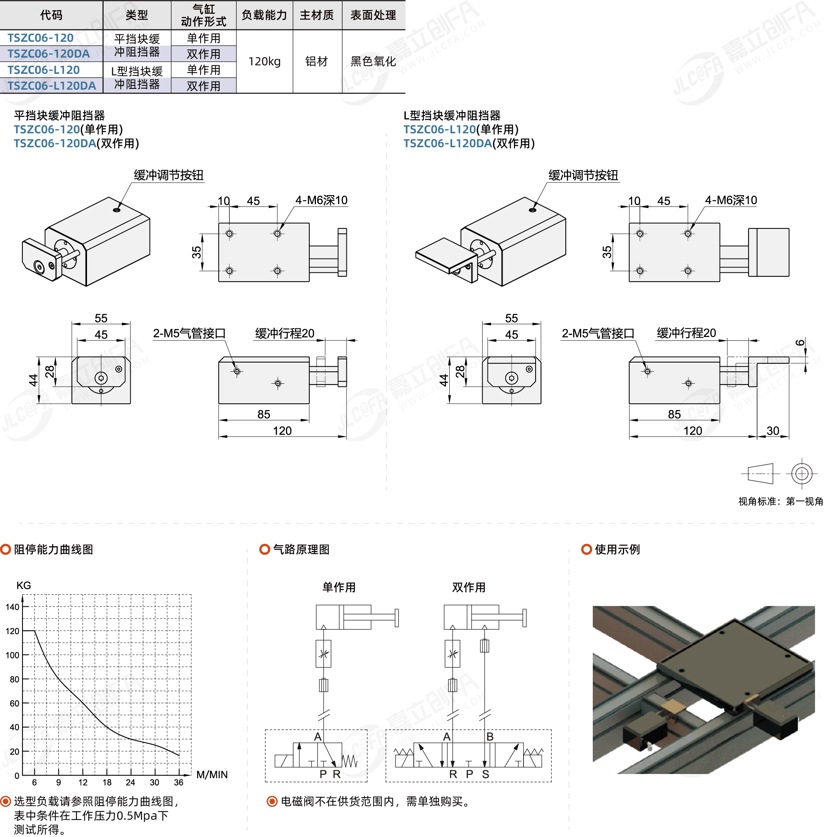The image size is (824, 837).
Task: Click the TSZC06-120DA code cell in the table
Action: pyautogui.click(x=48, y=54)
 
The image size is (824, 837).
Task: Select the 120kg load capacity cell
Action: pyautogui.click(x=264, y=61)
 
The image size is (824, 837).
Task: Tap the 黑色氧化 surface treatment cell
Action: pyautogui.click(x=373, y=61)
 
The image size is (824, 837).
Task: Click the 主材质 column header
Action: pyautogui.click(x=317, y=15)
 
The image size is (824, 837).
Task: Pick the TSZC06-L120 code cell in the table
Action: pyautogui.click(x=43, y=70)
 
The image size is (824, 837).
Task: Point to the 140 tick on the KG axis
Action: pyautogui.click(x=12, y=607)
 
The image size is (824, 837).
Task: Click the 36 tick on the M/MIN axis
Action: pyautogui.click(x=179, y=782)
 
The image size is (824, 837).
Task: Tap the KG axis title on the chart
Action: pyautogui.click(x=24, y=585)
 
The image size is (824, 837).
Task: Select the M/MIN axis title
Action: pyautogui.click(x=212, y=774)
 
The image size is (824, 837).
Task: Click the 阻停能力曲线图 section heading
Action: pyautogui.click(x=54, y=549)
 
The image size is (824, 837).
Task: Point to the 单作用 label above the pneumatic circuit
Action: pyautogui.click(x=339, y=587)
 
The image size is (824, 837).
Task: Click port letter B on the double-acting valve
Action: pyautogui.click(x=490, y=736)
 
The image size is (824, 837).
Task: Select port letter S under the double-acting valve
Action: pyautogui.click(x=486, y=774)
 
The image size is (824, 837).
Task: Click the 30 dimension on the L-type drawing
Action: pyautogui.click(x=773, y=431)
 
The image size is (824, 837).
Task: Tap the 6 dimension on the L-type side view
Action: pyautogui.click(x=800, y=343)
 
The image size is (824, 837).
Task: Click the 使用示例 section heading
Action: pyautogui.click(x=617, y=549)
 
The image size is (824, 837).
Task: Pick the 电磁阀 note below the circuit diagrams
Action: pyautogui.click(x=375, y=801)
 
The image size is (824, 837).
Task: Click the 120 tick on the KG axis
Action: pyautogui.click(x=12, y=631)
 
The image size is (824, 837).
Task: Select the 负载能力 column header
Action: pyautogui.click(x=264, y=15)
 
